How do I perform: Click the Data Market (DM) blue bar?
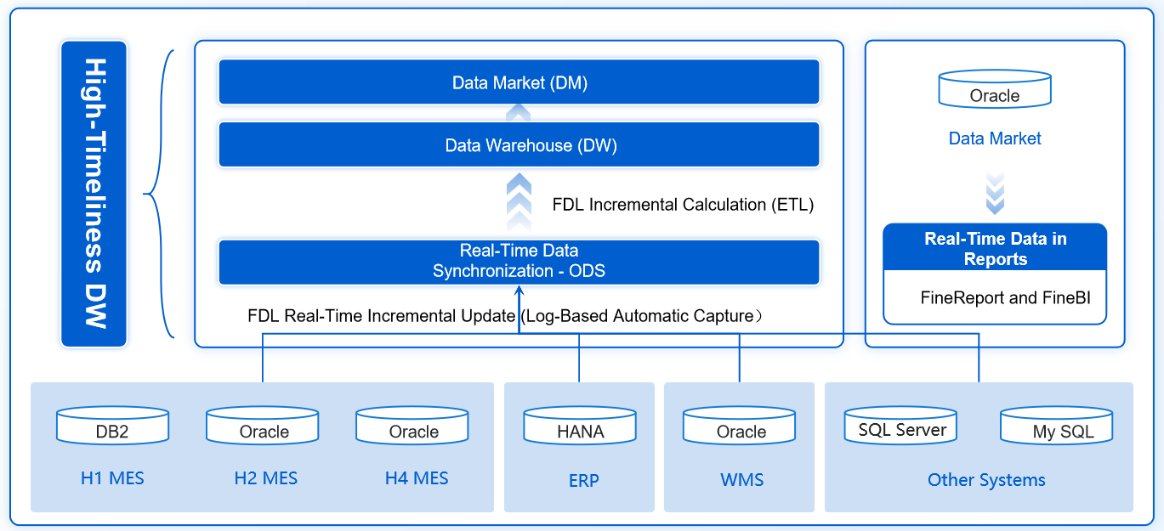(x=519, y=82)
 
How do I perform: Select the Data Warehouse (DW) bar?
(x=519, y=145)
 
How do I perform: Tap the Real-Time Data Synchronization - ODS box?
(x=519, y=262)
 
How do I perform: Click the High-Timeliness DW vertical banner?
(x=94, y=194)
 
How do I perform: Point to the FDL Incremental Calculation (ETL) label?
(x=683, y=205)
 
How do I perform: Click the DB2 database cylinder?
(x=112, y=426)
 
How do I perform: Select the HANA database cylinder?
(x=580, y=426)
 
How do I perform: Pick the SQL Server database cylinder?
(x=900, y=426)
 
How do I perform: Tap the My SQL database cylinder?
(x=1057, y=426)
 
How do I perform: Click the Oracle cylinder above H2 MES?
(x=263, y=426)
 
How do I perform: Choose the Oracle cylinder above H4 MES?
(x=412, y=426)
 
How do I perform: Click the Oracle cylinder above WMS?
(x=740, y=426)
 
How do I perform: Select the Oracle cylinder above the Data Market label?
(x=995, y=91)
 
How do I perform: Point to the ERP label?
(x=583, y=481)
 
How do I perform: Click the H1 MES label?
(x=112, y=478)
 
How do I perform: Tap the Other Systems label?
(x=986, y=480)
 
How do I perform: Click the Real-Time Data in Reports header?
(x=995, y=249)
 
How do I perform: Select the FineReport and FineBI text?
(x=995, y=298)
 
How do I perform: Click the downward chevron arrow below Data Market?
(x=995, y=193)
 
